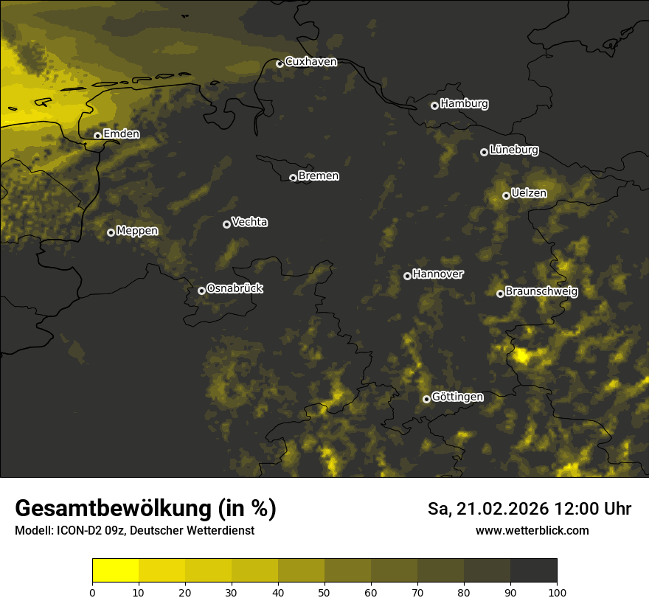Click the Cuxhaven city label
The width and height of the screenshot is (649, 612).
pyautogui.click(x=310, y=62)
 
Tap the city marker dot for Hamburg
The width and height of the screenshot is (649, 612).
pyautogui.click(x=434, y=105)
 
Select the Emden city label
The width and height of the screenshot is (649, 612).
pyautogui.click(x=121, y=134)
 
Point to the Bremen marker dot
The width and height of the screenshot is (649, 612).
pyautogui.click(x=293, y=178)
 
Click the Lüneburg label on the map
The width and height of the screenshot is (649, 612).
pyautogui.click(x=513, y=150)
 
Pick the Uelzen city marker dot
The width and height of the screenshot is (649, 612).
pyautogui.click(x=506, y=195)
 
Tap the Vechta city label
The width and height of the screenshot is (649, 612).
pyautogui.click(x=249, y=222)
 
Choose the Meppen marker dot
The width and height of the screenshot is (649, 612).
pyautogui.click(x=111, y=232)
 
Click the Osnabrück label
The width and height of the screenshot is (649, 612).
pyautogui.click(x=235, y=289)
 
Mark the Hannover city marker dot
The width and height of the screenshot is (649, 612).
pyautogui.click(x=407, y=276)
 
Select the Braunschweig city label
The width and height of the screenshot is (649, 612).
pyautogui.click(x=541, y=292)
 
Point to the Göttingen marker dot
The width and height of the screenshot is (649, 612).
pyautogui.click(x=426, y=399)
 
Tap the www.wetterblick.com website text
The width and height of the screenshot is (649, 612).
pyautogui.click(x=532, y=530)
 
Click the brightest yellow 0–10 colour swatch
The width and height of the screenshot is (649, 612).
pyautogui.click(x=116, y=571)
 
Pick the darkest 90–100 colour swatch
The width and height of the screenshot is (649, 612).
pyautogui.click(x=533, y=571)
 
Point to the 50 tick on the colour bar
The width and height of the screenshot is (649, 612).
pyautogui.click(x=324, y=591)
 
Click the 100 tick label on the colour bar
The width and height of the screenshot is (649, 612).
pyautogui.click(x=557, y=591)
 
